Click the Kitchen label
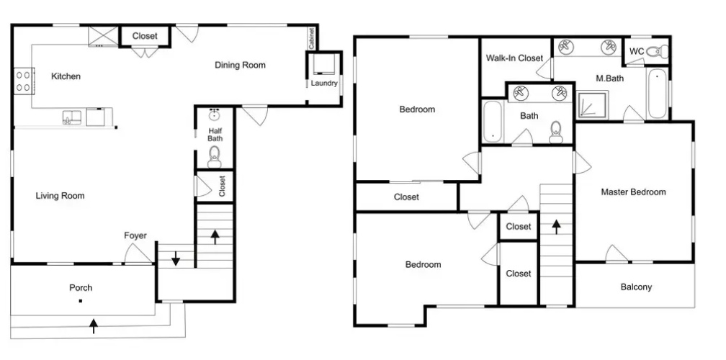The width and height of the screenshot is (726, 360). coord(66,76)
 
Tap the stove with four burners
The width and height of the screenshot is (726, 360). coord(24,81)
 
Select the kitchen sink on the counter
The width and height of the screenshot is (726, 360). coord(72,117)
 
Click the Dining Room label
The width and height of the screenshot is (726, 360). coord(240,66)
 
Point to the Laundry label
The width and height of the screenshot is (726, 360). coord(324,84)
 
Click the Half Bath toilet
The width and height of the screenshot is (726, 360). coord(215,156)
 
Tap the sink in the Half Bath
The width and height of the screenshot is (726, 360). coord(215,114)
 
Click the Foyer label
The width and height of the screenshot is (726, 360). coord(135,235)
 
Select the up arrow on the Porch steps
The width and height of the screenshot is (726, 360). coord(94,325)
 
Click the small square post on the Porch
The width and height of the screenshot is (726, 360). coord(80,301)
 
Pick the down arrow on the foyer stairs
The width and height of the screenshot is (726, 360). coord(176,258)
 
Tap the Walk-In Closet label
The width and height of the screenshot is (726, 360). coord(514,58)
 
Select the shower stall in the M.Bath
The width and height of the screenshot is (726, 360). coord(591,104)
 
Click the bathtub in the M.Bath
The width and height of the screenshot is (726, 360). coord(658,94)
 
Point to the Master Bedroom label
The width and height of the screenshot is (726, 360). coord(633,192)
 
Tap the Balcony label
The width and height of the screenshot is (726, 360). coord(636,287)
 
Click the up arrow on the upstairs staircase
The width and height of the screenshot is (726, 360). coord(556,226)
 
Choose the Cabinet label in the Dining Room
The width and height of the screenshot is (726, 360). coord(312,39)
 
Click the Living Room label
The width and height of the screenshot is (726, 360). coord(60,196)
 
